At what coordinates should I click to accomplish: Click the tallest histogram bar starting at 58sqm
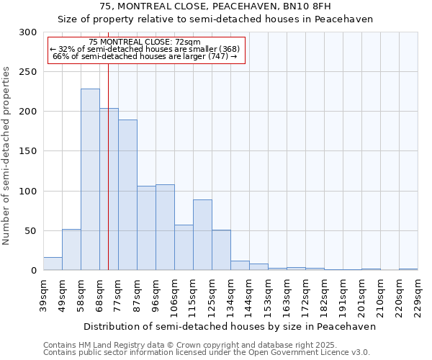point(90,180)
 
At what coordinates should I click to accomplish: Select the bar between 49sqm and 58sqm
point(71,250)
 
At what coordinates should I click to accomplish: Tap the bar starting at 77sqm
point(127,194)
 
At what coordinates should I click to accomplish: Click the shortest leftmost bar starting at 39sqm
point(53,264)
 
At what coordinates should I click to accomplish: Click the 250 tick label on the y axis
point(27,72)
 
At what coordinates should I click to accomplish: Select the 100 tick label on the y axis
point(27,192)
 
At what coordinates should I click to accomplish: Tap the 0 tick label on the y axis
point(33,271)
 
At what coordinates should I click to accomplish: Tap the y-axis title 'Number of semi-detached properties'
point(6,156)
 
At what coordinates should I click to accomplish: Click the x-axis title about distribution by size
point(230,326)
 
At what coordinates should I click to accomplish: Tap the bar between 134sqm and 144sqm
point(240,266)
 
